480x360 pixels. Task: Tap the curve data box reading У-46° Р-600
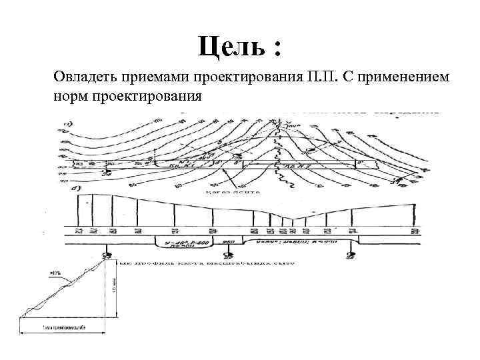[182, 242]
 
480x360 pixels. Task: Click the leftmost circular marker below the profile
[107, 256]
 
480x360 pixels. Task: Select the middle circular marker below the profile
[228, 255]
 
